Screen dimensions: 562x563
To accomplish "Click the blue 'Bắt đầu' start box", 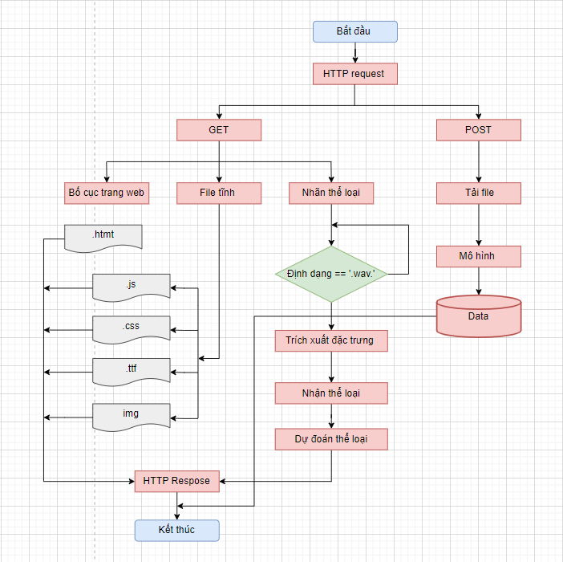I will pyautogui.click(x=354, y=31).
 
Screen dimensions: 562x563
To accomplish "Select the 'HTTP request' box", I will pyautogui.click(x=354, y=74).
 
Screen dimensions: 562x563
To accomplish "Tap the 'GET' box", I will pyautogui.click(x=219, y=130).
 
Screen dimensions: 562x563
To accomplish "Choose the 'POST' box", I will pyautogui.click(x=479, y=130).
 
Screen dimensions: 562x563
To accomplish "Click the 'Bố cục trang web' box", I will pyautogui.click(x=107, y=193).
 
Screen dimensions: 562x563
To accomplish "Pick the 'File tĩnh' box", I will pyautogui.click(x=219, y=193).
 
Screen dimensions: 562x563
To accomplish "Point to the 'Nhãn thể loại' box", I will pyautogui.click(x=331, y=193).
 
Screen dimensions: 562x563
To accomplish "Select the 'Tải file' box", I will pyautogui.click(x=479, y=193).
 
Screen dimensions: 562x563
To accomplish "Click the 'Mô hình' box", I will pyautogui.click(x=479, y=256).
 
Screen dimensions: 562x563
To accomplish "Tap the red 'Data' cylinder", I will pyautogui.click(x=479, y=316).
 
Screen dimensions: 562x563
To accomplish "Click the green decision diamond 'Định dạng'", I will pyautogui.click(x=331, y=275).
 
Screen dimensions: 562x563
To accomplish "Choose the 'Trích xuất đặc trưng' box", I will pyautogui.click(x=331, y=340).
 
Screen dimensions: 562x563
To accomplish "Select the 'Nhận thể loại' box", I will pyautogui.click(x=331, y=393).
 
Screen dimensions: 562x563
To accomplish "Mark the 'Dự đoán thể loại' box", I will pyautogui.click(x=331, y=439).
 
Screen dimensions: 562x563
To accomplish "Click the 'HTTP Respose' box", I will pyautogui.click(x=176, y=481).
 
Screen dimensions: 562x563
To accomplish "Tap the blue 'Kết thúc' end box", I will pyautogui.click(x=176, y=530).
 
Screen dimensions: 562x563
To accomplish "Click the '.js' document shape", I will pyautogui.click(x=132, y=286).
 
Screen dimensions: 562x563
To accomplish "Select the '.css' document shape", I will pyautogui.click(x=132, y=328).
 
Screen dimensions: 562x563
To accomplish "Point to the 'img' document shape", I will pyautogui.click(x=132, y=413).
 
